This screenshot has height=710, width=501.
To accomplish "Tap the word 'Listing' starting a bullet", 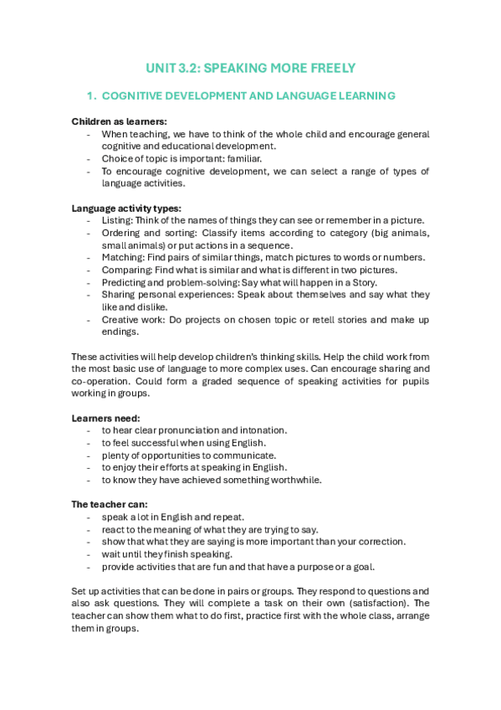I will [x=116, y=220].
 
